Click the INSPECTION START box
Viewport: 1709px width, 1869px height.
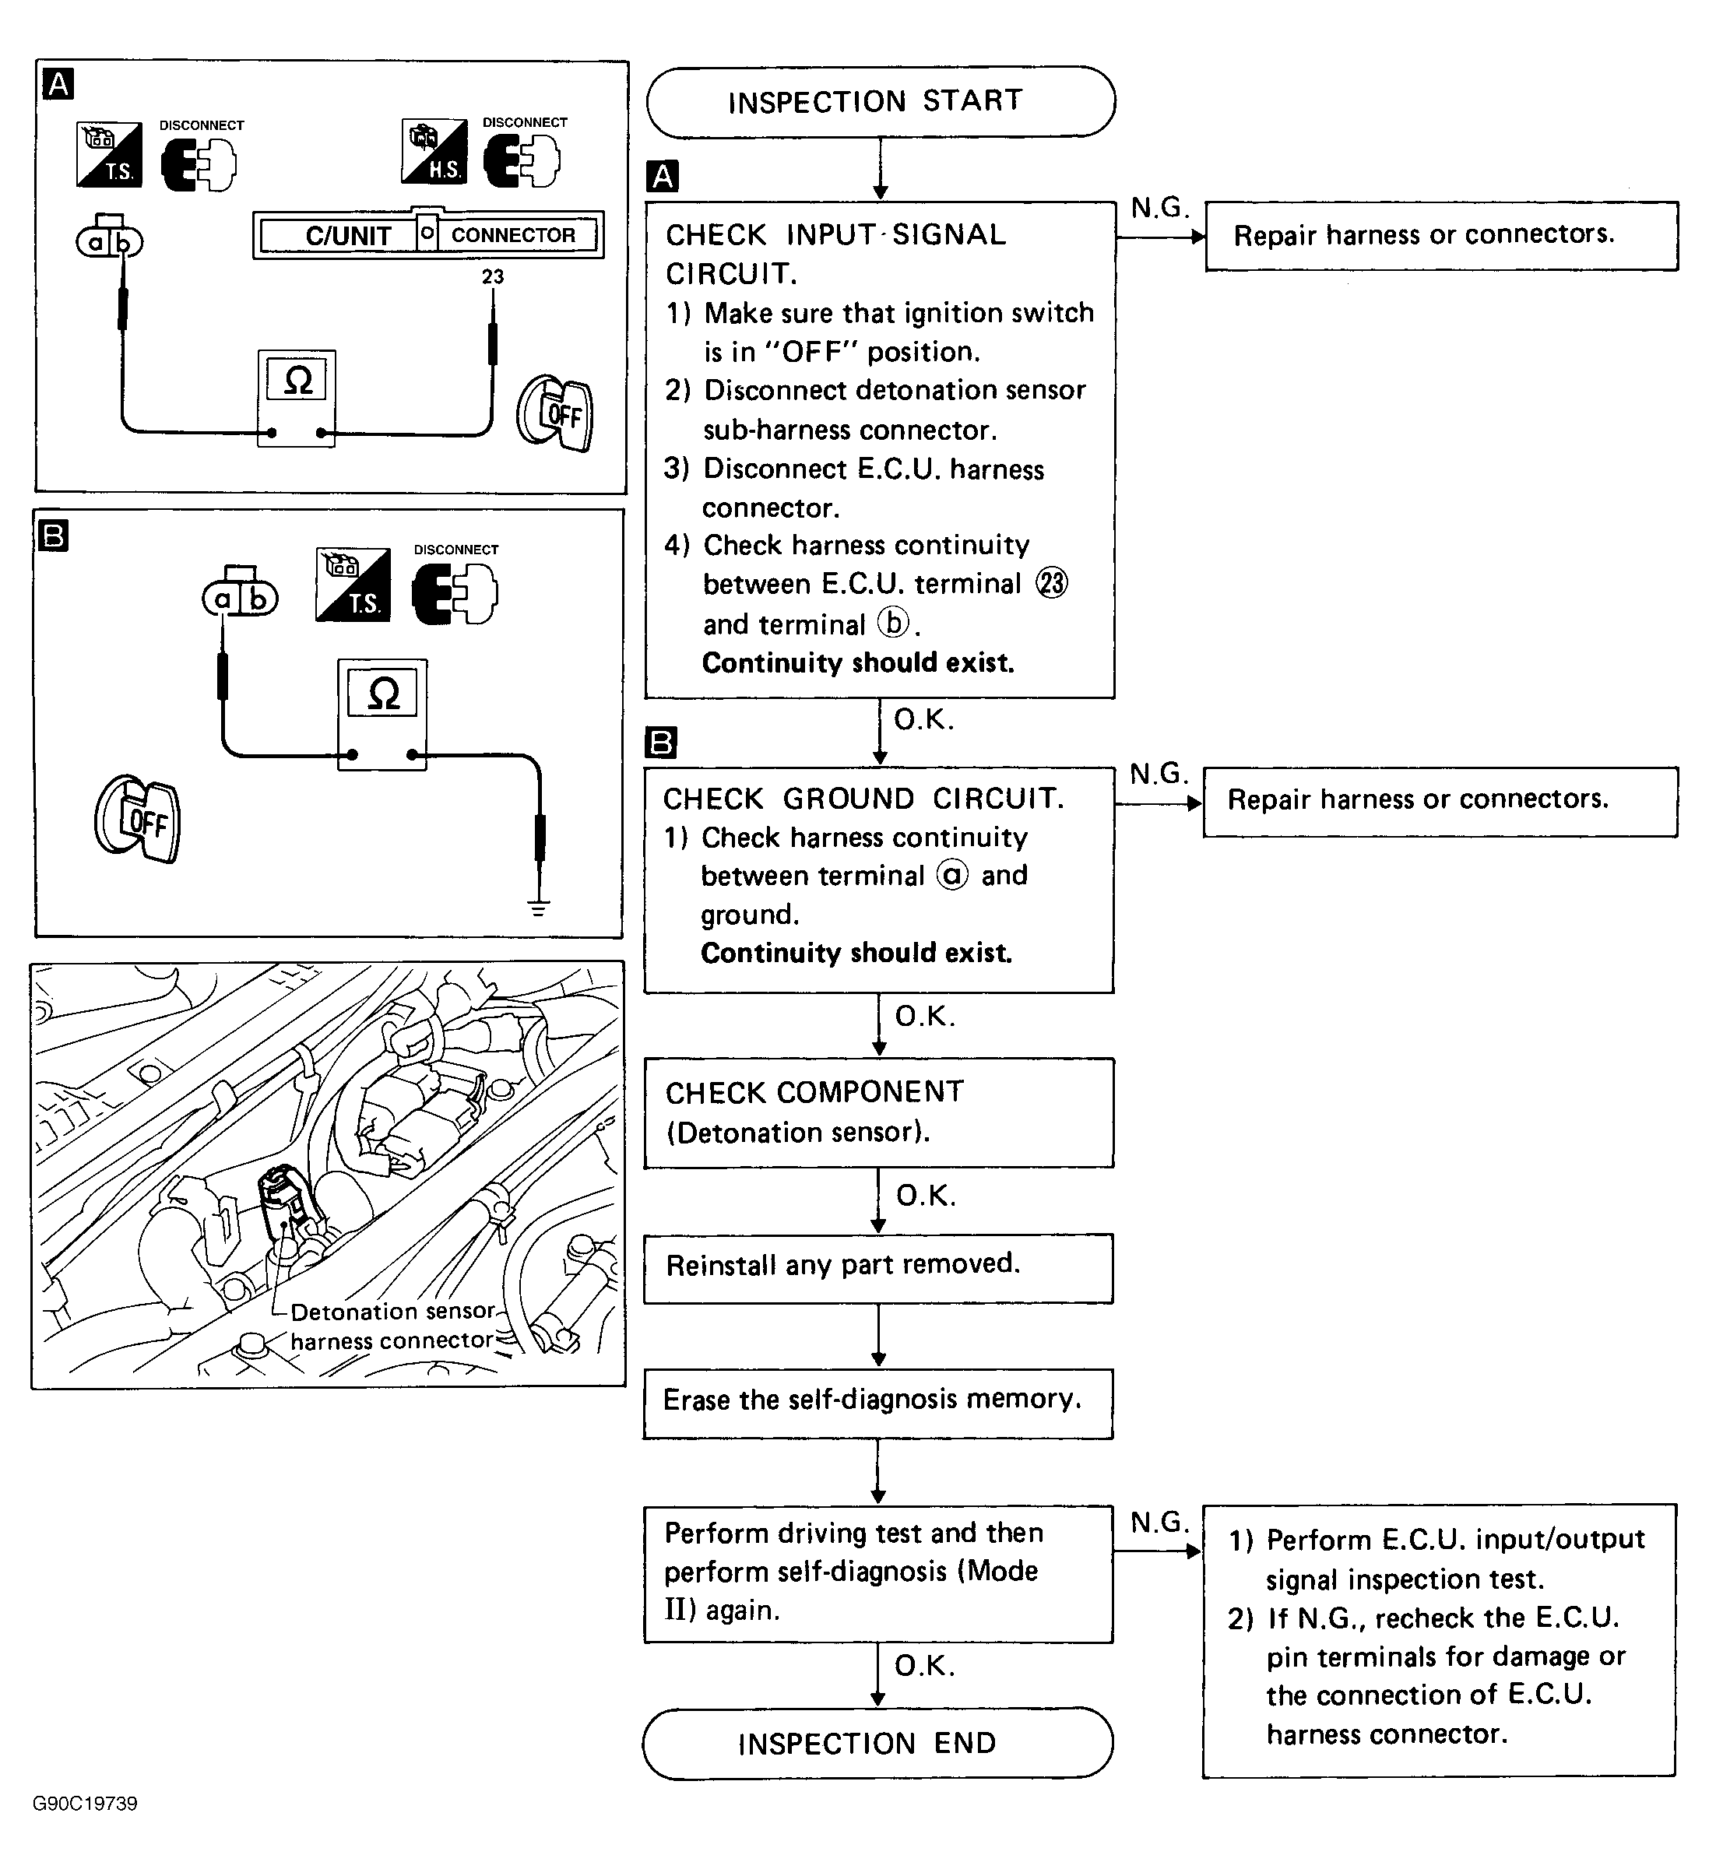pyautogui.click(x=880, y=101)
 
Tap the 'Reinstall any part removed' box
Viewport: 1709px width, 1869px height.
pyautogui.click(x=877, y=1266)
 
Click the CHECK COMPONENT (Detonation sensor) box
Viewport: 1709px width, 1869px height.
pyautogui.click(x=877, y=1112)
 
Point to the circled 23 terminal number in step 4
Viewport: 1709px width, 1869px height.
pyautogui.click(x=1052, y=583)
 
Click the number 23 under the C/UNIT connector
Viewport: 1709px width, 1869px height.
pyautogui.click(x=492, y=276)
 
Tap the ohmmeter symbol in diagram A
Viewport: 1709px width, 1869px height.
pyautogui.click(x=297, y=379)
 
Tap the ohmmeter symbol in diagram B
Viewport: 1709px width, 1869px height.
pyautogui.click(x=383, y=693)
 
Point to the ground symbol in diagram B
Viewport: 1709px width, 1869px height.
pyautogui.click(x=539, y=906)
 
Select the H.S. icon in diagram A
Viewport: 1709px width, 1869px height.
pyautogui.click(x=434, y=151)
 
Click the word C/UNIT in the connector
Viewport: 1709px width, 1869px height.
pyautogui.click(x=348, y=237)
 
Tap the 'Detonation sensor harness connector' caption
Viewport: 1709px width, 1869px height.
pyautogui.click(x=392, y=1325)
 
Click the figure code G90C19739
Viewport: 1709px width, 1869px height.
pyautogui.click(x=86, y=1803)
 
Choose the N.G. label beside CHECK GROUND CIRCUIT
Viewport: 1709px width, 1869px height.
pyautogui.click(x=1159, y=773)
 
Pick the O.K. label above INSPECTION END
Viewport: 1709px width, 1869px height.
pyautogui.click(x=924, y=1666)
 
